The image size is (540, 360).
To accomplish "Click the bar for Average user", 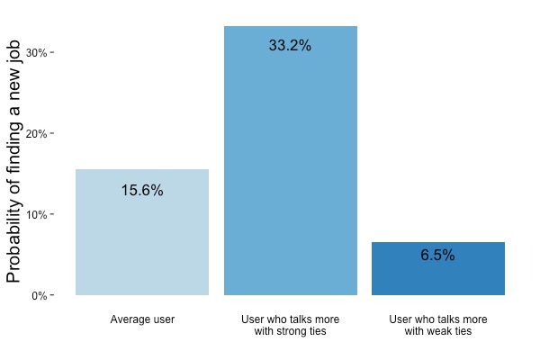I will coord(142,232).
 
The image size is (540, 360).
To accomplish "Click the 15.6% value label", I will coord(142,191).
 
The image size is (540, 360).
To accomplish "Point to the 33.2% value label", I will coord(290,46).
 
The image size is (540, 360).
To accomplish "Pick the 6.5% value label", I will coord(437,256).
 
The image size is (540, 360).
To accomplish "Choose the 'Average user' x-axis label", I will coord(142,319).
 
